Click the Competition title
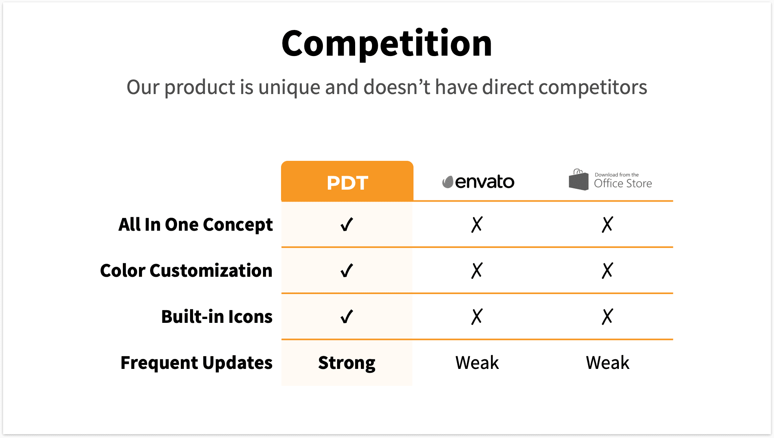click(387, 43)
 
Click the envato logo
click(478, 182)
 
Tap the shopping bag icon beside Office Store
click(579, 180)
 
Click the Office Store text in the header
click(623, 183)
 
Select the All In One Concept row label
click(195, 225)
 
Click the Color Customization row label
click(186, 271)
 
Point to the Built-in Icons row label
click(217, 317)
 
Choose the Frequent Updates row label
click(196, 363)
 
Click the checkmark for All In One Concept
click(347, 225)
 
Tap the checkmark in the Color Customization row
click(347, 271)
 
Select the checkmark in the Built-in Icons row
click(347, 317)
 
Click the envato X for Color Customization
click(477, 271)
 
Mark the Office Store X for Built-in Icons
click(607, 317)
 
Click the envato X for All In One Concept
click(477, 225)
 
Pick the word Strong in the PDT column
click(347, 363)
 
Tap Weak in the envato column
click(477, 363)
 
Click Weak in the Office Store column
click(607, 363)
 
